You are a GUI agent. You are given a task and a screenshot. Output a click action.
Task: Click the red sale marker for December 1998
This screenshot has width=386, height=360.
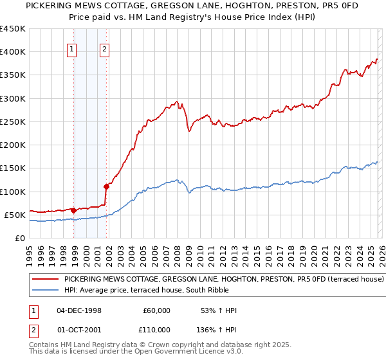click(x=73, y=210)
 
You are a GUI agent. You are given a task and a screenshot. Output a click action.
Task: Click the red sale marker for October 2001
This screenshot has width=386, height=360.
click(x=106, y=187)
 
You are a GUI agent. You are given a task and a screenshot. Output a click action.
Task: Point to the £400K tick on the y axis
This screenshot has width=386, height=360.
click(x=13, y=52)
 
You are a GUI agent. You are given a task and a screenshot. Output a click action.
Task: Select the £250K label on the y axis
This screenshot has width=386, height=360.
click(x=13, y=122)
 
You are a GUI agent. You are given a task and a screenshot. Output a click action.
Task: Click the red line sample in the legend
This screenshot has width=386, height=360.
click(x=46, y=280)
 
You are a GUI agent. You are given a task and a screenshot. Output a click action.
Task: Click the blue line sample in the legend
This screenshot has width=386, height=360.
click(x=46, y=290)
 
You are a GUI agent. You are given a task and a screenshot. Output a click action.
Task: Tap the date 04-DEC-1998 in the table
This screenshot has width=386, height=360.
click(x=79, y=310)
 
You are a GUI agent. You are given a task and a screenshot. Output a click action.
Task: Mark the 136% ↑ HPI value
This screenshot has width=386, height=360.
click(x=217, y=329)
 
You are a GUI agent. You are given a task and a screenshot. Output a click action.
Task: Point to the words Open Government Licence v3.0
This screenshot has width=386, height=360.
click(x=178, y=353)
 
